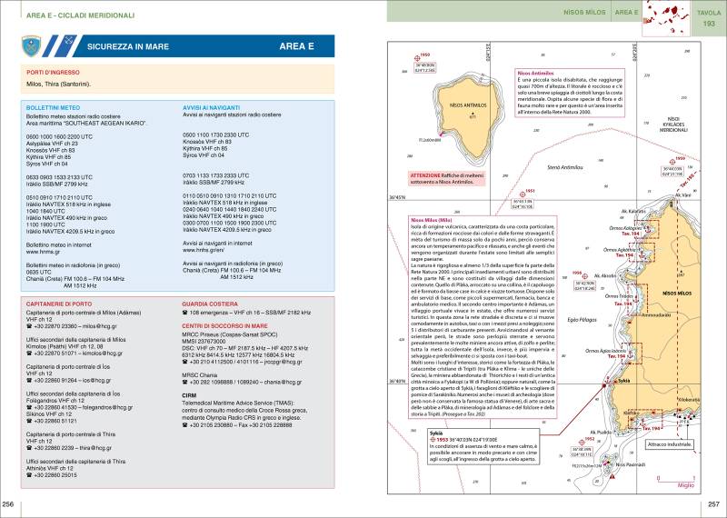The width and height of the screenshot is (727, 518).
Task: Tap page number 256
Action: (8, 504)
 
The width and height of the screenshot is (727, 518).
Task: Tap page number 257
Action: (715, 504)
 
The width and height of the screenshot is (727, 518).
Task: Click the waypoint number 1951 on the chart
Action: (531, 191)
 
